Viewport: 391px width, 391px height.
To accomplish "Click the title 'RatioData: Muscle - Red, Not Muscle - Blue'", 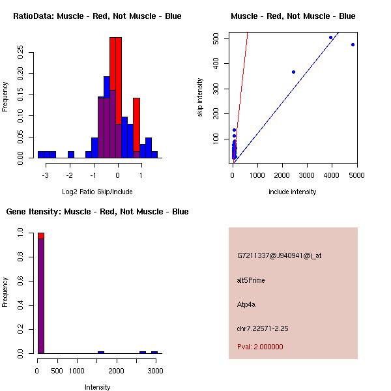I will pos(97,16).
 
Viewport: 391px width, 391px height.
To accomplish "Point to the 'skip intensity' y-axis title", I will pos(201,98).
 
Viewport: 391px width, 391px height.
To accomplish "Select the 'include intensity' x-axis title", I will pos(293,192).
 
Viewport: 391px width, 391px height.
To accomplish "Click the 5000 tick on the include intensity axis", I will pos(356,175).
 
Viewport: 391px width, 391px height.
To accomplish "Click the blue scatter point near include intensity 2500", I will pos(293,72).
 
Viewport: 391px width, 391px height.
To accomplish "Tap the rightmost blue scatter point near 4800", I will pos(353,44).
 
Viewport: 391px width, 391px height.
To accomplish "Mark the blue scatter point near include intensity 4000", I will pos(331,37).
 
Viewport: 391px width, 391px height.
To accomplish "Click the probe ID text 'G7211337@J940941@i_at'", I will pos(279,255).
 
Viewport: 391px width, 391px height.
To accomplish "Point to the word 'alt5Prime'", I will pos(251,280).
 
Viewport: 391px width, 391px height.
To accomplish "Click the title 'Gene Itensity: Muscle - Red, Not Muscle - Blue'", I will pos(97,212).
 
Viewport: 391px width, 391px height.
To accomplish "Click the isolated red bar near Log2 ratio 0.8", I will pos(136,124).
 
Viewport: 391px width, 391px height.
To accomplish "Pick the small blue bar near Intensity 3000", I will pos(154,352).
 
